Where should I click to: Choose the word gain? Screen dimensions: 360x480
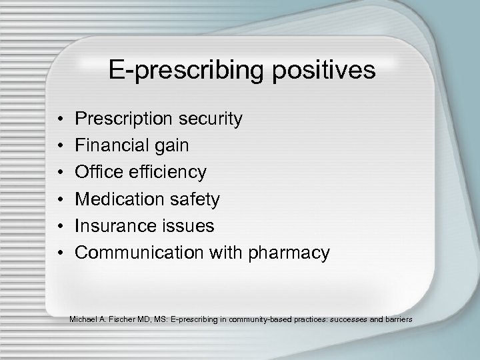point(173,146)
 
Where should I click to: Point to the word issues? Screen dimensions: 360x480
point(187,226)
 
